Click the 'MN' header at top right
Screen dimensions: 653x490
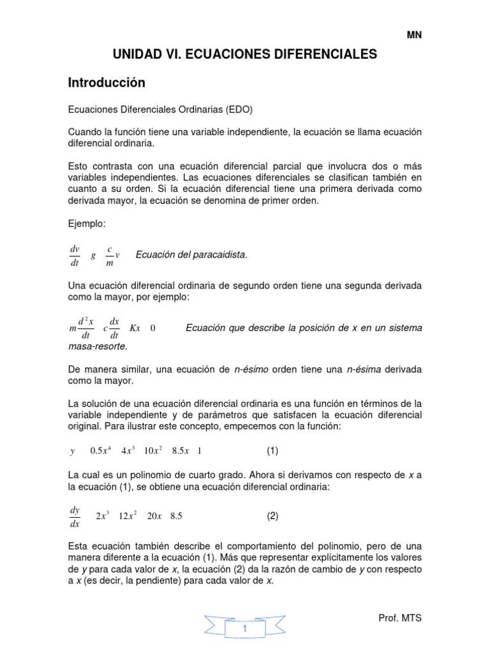click(x=415, y=36)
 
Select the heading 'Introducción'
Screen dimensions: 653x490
click(x=107, y=83)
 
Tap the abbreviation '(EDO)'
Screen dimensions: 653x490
click(x=239, y=110)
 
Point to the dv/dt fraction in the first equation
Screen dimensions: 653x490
click(x=73, y=255)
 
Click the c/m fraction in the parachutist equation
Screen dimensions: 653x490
click(x=110, y=255)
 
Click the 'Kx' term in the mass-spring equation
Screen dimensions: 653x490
click(x=135, y=328)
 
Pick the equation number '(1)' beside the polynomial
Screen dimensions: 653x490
click(x=272, y=451)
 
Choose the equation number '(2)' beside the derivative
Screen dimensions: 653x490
click(x=272, y=517)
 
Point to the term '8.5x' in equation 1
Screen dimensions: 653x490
click(x=181, y=451)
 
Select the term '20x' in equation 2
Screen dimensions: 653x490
click(x=154, y=517)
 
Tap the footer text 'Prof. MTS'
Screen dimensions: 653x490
click(x=400, y=619)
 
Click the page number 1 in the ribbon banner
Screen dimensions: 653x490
click(x=244, y=629)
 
